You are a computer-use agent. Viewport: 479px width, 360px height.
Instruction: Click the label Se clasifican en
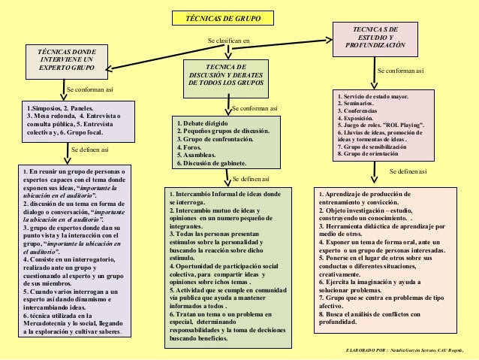tap(230, 40)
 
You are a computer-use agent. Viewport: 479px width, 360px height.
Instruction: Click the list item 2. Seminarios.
tap(359, 103)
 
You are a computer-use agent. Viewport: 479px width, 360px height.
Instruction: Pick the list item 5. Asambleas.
tap(196, 156)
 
